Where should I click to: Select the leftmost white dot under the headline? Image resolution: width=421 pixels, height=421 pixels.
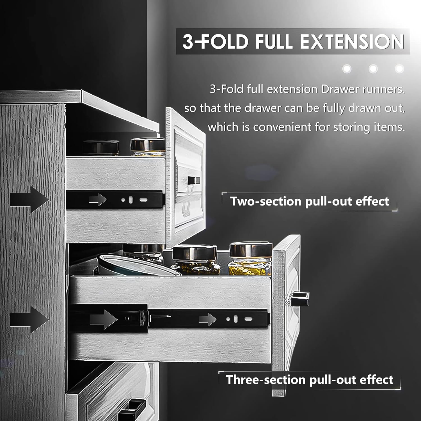(x=347, y=68)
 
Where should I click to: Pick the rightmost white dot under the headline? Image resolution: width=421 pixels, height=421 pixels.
(x=399, y=68)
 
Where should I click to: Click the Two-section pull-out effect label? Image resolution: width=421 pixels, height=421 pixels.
(x=310, y=201)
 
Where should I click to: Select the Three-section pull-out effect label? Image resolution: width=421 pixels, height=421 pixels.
(x=310, y=379)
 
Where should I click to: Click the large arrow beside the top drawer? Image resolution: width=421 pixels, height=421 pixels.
(x=29, y=200)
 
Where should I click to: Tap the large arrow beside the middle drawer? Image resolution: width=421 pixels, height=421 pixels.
(x=29, y=319)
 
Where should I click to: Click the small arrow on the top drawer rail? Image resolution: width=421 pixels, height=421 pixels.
(x=98, y=200)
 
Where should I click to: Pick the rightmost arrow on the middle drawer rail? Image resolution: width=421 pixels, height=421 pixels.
(x=208, y=319)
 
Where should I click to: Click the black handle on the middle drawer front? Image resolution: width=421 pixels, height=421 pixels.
(x=300, y=299)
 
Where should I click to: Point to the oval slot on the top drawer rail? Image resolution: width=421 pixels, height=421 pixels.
(x=143, y=200)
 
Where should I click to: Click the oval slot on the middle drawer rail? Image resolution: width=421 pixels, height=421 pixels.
(x=248, y=319)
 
